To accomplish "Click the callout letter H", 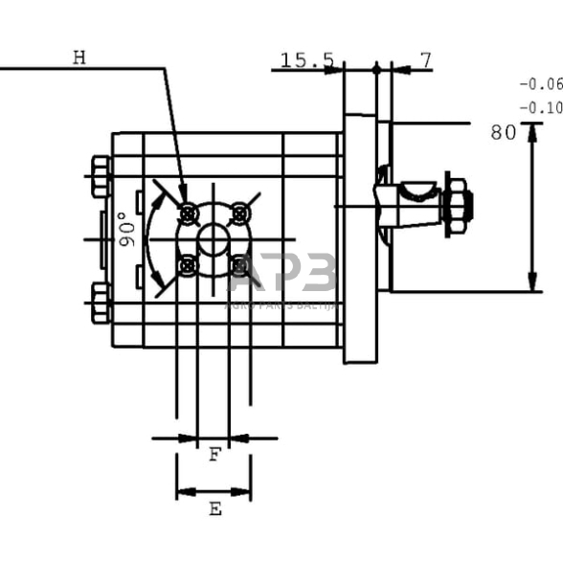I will pos(79,57).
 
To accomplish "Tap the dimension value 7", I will pos(425,60).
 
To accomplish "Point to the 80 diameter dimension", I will pos(503,133).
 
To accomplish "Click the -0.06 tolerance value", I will pos(540,84).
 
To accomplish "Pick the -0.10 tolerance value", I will pos(540,108).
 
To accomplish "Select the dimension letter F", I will pos(214,456).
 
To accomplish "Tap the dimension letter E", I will pos(214,509).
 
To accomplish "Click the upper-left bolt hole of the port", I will pos(189,213).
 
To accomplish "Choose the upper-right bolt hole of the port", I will pos(240,213).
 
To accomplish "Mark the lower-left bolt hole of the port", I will pos(189,264).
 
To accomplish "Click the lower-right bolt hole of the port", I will pos(240,264).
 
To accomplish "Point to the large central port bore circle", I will pos(214,238).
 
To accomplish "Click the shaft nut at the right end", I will pos(457,205).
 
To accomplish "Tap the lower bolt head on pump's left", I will pos(101,303).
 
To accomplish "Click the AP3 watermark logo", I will pos(281,276).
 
